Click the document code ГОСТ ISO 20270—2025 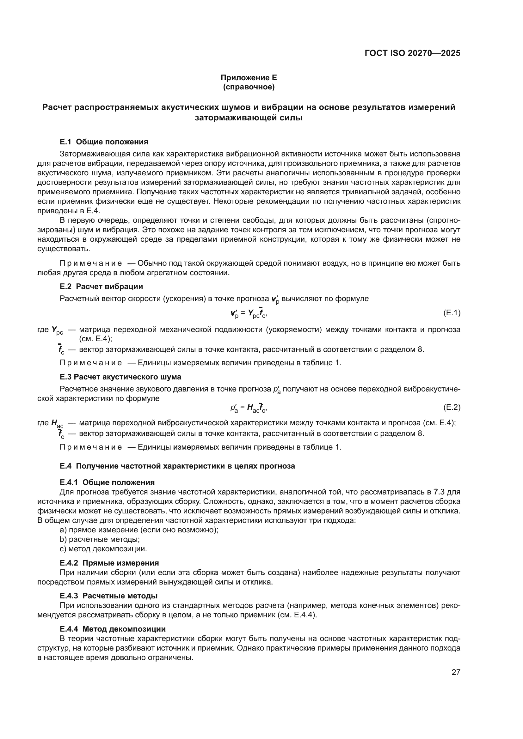point(413,53)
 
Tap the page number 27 point(456,672)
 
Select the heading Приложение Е point(249,78)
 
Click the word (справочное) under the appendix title point(249,87)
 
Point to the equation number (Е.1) point(452,312)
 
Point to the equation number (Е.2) point(452,407)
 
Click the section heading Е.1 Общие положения point(104,142)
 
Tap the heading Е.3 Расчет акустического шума point(120,377)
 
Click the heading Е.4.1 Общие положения point(107,482)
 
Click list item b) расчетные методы point(100,539)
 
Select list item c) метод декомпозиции point(103,548)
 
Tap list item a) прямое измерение point(138,530)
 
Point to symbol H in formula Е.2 point(249,408)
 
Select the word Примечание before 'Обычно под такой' point(91,263)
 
